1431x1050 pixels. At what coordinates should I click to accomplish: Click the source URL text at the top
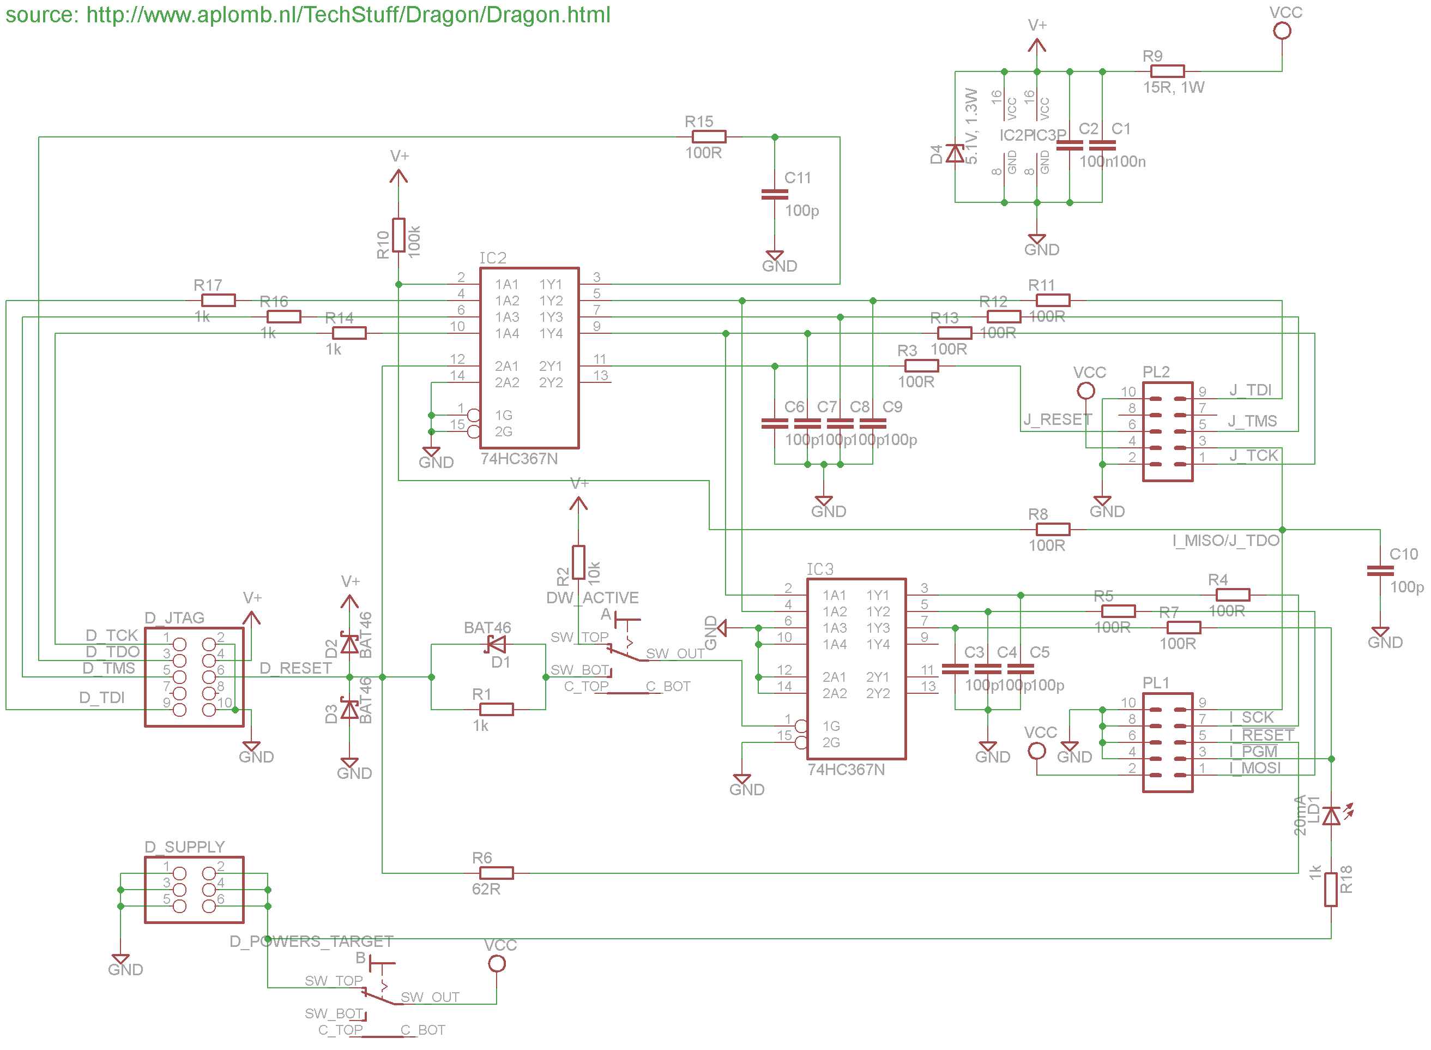point(307,15)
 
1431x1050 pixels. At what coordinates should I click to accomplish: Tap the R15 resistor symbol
point(708,137)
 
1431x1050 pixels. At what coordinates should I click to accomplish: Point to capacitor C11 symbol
point(774,195)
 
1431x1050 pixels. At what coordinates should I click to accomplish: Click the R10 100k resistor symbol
point(398,235)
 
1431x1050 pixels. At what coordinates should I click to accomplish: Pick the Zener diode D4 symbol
point(955,153)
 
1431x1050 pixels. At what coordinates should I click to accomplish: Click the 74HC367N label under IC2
point(519,459)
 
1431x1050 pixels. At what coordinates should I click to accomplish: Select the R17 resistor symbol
point(219,301)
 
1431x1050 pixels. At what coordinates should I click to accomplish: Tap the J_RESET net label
point(1057,419)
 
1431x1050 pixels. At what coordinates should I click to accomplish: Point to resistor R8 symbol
point(1053,530)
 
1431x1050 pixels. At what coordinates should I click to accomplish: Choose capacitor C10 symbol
point(1380,571)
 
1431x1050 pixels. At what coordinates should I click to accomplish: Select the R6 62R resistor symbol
point(496,873)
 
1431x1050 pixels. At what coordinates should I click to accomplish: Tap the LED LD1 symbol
point(1332,815)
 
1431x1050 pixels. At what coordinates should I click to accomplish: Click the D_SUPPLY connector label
point(185,847)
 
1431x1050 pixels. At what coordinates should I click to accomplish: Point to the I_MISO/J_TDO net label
point(1225,541)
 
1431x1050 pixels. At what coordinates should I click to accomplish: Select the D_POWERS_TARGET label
point(311,941)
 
